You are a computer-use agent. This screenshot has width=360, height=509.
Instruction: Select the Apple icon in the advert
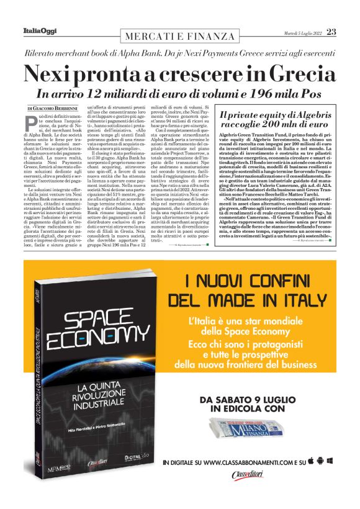tap(320, 461)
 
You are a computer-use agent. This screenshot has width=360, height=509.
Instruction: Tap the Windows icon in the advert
tap(330, 461)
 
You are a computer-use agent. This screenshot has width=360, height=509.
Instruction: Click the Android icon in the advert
tap(310, 461)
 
